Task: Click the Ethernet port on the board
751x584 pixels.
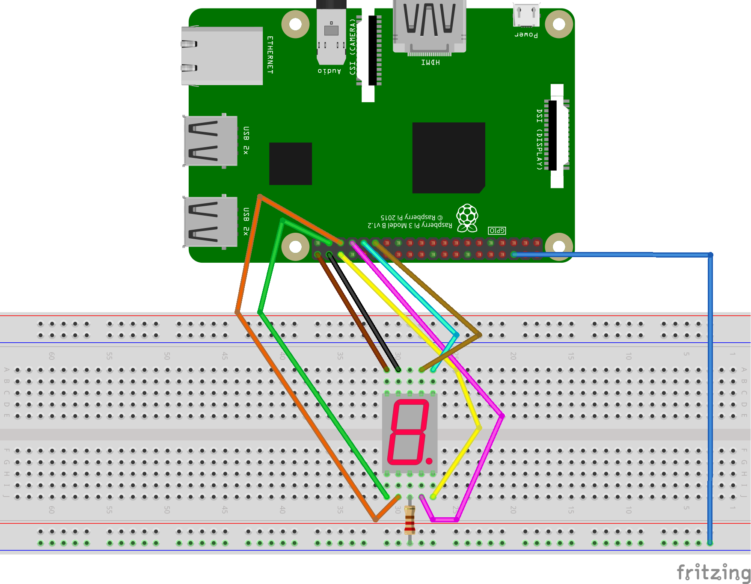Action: (x=222, y=56)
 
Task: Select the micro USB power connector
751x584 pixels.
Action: (x=526, y=15)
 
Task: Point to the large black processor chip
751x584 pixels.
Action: (x=448, y=157)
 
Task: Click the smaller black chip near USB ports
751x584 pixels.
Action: (x=291, y=163)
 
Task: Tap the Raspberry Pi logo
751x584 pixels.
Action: (x=467, y=218)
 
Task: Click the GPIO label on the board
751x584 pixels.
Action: (x=497, y=231)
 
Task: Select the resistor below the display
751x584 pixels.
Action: (x=410, y=520)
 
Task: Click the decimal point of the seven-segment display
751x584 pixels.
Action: (x=429, y=461)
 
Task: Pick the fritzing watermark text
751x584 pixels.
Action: (x=713, y=572)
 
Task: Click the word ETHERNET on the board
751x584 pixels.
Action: (x=270, y=55)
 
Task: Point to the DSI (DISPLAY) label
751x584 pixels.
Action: (x=540, y=139)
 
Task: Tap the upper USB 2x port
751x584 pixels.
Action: (x=210, y=141)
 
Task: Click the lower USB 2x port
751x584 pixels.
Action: (x=210, y=222)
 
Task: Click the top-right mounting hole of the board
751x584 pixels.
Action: (x=559, y=24)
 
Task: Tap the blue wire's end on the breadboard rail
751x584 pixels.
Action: (x=710, y=543)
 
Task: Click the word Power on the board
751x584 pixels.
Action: (x=526, y=35)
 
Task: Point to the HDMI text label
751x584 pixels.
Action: (x=430, y=62)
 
